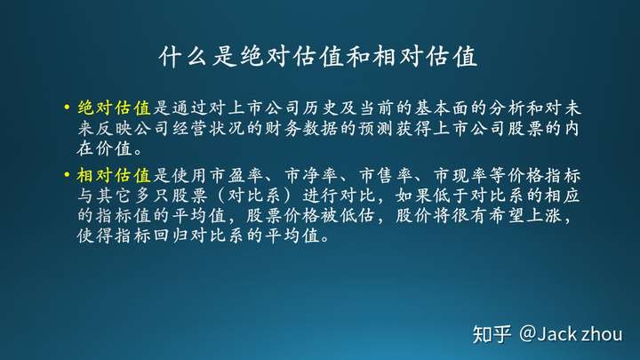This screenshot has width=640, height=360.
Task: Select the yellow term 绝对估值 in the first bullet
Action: (115, 108)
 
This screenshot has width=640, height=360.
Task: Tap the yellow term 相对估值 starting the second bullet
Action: (115, 175)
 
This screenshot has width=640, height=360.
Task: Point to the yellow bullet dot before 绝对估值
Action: (67, 108)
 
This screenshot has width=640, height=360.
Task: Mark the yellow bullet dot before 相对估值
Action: (67, 175)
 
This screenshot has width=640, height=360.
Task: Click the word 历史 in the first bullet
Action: (320, 108)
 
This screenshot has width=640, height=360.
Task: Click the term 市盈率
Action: (236, 175)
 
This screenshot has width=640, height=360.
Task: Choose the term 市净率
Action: (311, 175)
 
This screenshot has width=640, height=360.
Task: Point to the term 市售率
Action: (386, 175)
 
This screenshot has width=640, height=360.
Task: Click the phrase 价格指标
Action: (544, 175)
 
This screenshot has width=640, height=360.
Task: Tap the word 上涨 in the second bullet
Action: (544, 215)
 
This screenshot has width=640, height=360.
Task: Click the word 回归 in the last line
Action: (171, 236)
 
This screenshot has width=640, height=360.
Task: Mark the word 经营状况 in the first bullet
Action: (209, 129)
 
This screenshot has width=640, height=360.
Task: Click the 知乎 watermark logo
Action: (492, 334)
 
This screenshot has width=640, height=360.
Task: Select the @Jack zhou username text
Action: (571, 334)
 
